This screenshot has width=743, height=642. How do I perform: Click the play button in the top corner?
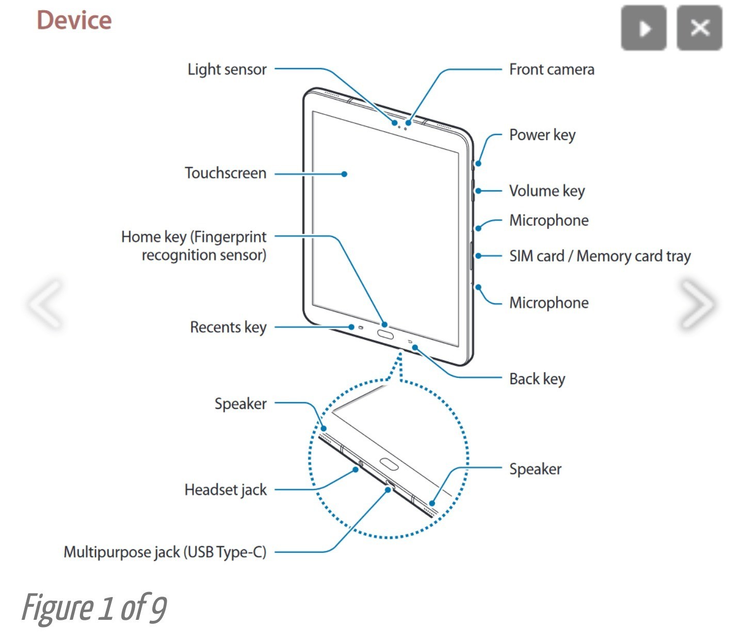643,28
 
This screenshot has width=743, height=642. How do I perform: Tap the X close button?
699,28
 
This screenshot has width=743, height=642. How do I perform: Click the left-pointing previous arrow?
46,304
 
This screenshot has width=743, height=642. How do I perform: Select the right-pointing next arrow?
697,304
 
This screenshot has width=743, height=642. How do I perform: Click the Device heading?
74,21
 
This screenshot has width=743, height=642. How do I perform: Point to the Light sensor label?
227,69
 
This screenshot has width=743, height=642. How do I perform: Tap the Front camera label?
552,69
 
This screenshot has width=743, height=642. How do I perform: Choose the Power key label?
542,135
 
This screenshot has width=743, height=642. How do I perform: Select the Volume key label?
547,191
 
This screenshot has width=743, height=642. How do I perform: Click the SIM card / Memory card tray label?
600,256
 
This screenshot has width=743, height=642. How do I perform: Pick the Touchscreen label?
225,173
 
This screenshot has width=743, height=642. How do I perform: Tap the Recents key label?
228,327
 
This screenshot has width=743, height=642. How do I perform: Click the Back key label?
537,379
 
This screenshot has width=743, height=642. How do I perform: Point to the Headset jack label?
225,489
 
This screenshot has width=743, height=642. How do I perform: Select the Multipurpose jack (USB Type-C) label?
165,552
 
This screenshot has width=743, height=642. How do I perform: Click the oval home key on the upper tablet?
385,334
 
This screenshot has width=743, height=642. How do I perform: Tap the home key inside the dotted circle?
389,464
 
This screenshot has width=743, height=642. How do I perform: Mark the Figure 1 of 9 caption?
94,608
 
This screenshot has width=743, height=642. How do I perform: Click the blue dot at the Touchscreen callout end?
344,174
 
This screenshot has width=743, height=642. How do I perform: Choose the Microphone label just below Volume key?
549,221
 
